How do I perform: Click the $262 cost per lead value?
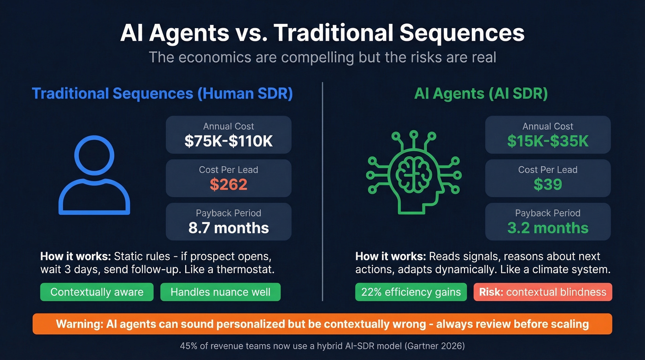[x=229, y=184]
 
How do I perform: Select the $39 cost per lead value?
[x=548, y=184]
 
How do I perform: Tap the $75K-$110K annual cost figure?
[x=229, y=141]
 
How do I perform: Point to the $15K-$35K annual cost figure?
[x=548, y=141]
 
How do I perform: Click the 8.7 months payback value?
[x=229, y=228]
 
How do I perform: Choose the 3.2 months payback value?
[x=548, y=228]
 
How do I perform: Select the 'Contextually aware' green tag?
[x=97, y=292]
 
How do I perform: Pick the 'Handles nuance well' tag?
[x=220, y=292]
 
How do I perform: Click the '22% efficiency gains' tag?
[x=411, y=292]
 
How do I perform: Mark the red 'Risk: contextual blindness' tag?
[x=542, y=292]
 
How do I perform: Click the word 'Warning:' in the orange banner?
[x=79, y=324]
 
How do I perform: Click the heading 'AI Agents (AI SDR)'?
[x=481, y=94]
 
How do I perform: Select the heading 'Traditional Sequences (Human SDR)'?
[x=162, y=94]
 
